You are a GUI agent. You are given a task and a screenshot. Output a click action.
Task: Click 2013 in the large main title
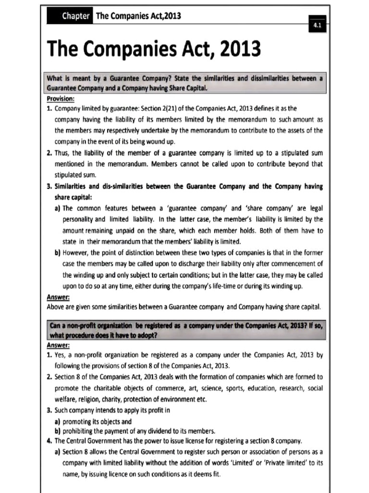tap(238, 49)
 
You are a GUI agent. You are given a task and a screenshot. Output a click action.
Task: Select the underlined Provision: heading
tap(61, 99)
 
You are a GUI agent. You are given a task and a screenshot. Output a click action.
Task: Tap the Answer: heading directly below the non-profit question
tap(58, 345)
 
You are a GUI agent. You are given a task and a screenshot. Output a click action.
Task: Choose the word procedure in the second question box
tap(81, 336)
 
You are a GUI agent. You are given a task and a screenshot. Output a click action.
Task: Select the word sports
tap(220, 388)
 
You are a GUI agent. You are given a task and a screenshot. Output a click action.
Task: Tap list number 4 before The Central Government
tap(49, 441)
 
